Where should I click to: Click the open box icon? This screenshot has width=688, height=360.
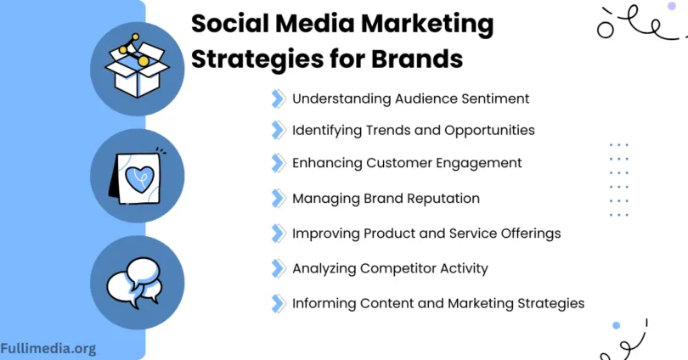click(137, 65)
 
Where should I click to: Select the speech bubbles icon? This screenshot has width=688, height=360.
click(135, 283)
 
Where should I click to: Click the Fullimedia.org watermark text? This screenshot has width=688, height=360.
click(48, 349)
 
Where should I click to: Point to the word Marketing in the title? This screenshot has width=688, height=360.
click(427, 25)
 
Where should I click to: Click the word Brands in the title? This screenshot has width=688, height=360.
click(417, 59)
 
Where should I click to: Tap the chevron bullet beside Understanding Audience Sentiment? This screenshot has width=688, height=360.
click(279, 98)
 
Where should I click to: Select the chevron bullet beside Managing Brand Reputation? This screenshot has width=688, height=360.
click(279, 198)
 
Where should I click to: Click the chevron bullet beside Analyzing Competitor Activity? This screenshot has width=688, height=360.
click(279, 268)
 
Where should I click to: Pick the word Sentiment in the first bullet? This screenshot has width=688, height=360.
click(495, 98)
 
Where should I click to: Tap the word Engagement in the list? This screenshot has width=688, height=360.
click(479, 164)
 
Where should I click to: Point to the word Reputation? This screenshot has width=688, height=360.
click(443, 199)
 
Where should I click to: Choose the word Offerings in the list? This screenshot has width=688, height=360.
click(531, 233)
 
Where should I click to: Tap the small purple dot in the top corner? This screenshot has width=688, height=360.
click(671, 6)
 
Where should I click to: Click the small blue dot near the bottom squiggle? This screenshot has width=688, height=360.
click(617, 325)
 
